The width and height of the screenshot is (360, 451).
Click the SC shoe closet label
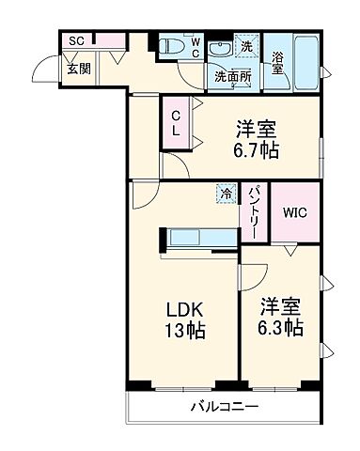(76, 41)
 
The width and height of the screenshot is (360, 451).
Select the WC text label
(196, 47)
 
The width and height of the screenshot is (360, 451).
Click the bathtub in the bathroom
(306, 52)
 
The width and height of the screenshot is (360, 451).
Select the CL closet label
(176, 121)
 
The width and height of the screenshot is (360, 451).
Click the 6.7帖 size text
(257, 150)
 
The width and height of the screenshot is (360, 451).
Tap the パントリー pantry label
(254, 212)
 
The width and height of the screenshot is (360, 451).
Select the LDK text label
(186, 309)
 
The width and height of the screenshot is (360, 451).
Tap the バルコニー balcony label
(226, 408)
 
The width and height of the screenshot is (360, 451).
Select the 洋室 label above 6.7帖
(257, 128)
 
